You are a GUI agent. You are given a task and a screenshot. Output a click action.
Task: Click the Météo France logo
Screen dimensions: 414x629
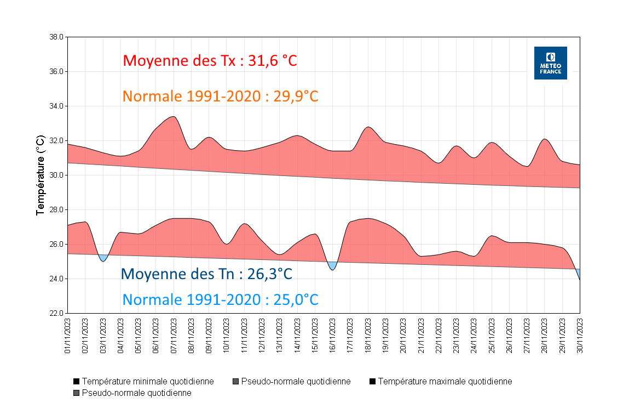[550, 63]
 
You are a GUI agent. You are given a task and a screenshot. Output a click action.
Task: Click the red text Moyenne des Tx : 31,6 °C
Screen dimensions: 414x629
[210, 60]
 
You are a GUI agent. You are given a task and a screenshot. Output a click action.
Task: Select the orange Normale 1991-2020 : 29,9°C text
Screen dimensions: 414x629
[220, 96]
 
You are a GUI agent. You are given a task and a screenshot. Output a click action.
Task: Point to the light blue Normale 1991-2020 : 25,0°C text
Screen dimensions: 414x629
[220, 300]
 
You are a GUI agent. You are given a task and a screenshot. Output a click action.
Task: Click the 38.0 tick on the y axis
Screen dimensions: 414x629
[56, 37]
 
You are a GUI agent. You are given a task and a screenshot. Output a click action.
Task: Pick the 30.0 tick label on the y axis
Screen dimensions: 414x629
[56, 175]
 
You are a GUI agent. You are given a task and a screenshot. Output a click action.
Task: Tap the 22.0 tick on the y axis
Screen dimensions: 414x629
[56, 314]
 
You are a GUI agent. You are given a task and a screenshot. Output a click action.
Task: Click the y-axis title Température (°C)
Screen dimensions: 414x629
[40, 175]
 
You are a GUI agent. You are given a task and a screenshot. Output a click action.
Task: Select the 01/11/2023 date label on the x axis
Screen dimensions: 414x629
[68, 336]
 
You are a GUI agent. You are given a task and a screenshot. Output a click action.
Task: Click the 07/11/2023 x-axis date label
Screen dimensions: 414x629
[174, 336]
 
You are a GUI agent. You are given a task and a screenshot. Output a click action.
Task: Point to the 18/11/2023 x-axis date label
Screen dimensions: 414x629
[368, 336]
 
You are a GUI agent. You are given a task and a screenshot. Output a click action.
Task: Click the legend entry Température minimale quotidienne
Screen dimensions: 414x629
[143, 382]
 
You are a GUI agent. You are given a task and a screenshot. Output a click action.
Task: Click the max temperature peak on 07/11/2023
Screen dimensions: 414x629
[173, 117]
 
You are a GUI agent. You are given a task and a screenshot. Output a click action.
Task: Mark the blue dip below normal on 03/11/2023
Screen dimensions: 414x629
[103, 258]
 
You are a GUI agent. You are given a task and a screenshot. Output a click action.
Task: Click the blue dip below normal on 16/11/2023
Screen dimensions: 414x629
[332, 266]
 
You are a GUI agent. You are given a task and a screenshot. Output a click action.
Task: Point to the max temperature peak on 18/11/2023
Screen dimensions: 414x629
[368, 127]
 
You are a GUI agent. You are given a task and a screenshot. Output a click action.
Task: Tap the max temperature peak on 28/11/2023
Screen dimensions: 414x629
[545, 139]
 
